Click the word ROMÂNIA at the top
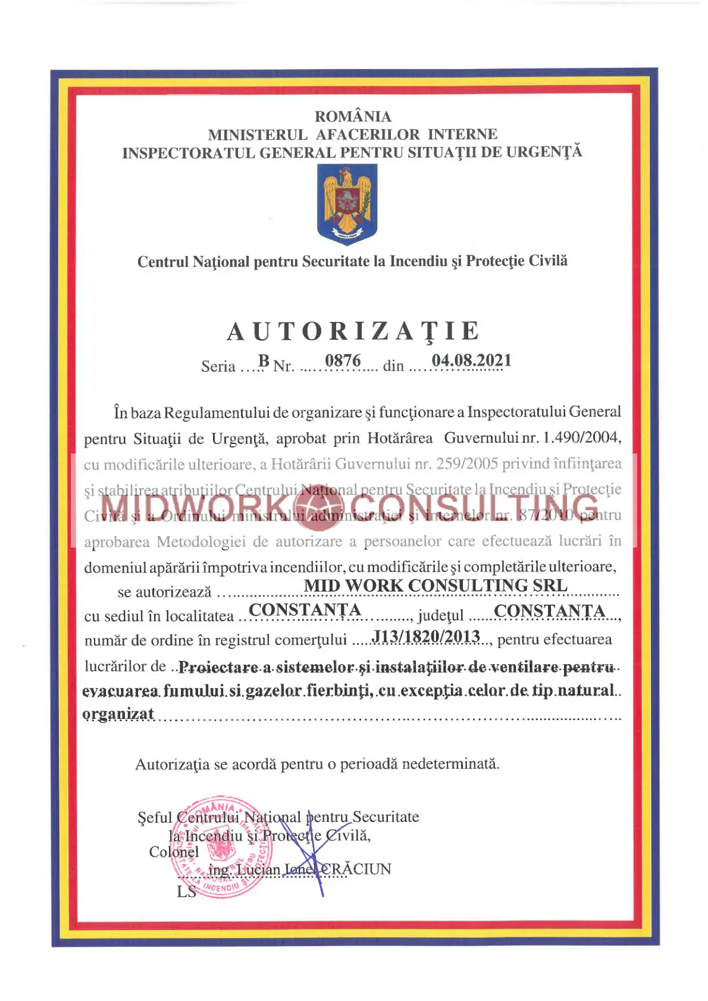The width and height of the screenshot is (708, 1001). pos(353,117)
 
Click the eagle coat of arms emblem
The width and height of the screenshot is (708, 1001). pos(347,204)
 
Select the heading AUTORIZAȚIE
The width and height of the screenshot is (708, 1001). pos(353,331)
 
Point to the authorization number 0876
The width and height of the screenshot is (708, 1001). pos(343,361)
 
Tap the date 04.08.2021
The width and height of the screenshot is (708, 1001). pos(471,361)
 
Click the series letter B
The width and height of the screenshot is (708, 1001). pos(264,361)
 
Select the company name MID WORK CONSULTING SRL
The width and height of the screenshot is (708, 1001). pos(436,586)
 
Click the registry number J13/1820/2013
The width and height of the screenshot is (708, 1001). pos(426,637)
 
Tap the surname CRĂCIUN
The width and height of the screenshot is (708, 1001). pos(356,869)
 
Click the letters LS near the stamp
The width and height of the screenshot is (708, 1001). pos(186,891)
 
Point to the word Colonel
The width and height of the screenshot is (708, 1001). pos(174,852)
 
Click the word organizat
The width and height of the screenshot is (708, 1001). pos(118,714)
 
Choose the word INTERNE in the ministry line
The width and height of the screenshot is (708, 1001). pos(462,134)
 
